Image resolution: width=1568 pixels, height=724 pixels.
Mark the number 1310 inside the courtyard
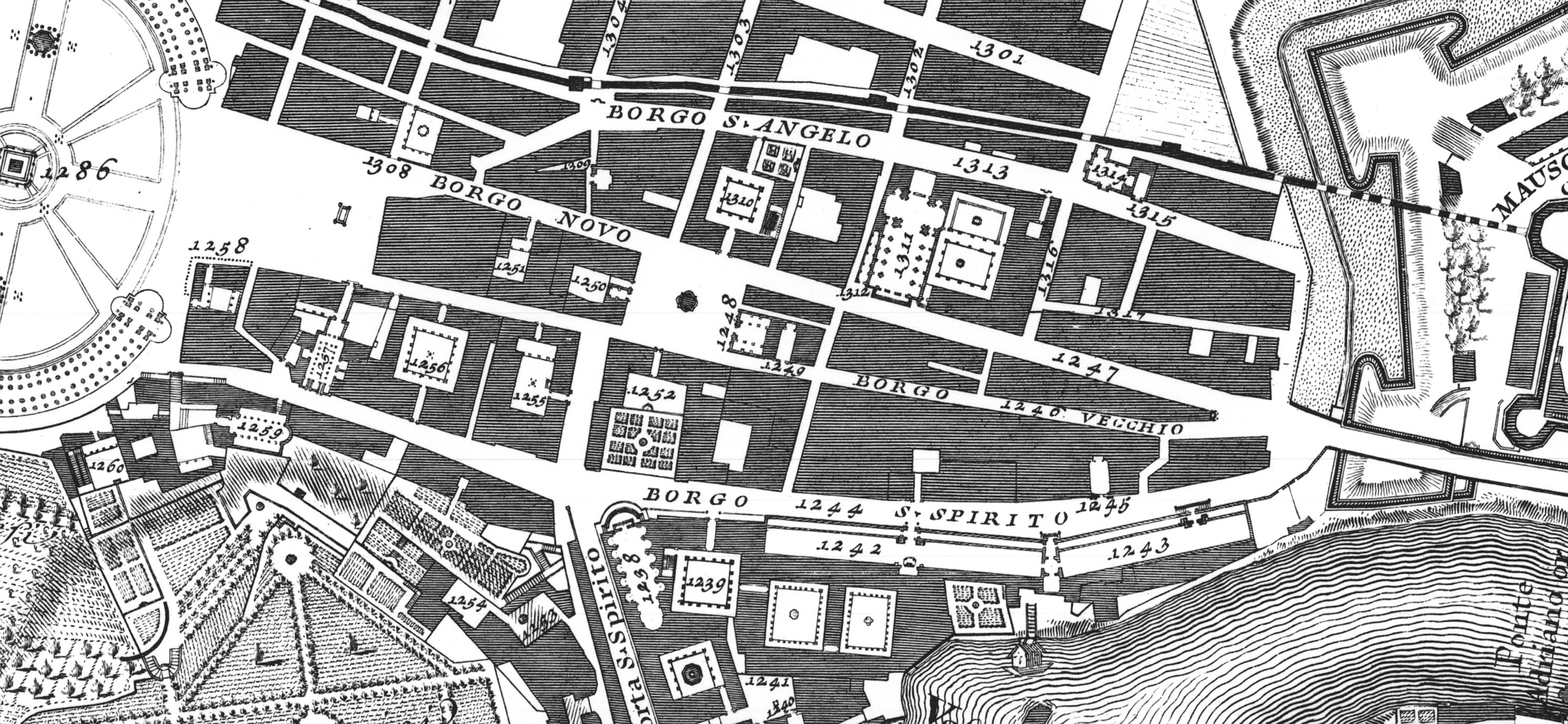(x=739, y=201)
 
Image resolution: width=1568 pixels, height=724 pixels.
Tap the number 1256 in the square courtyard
(x=429, y=366)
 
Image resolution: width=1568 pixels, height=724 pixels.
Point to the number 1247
(x=1086, y=366)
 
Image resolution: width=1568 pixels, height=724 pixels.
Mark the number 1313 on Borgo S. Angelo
(x=978, y=166)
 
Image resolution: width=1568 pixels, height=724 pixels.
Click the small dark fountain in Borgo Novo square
(x=688, y=299)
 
